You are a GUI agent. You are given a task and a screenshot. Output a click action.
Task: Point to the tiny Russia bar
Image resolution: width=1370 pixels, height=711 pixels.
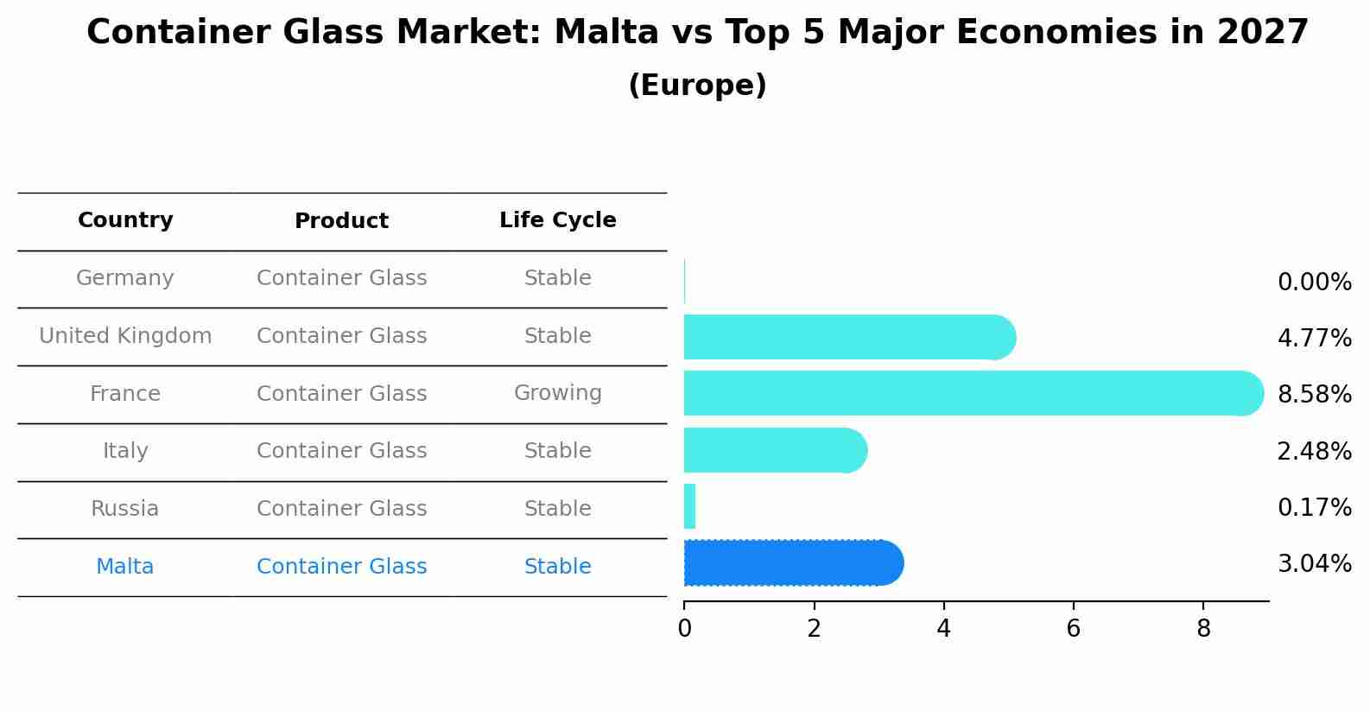click(689, 506)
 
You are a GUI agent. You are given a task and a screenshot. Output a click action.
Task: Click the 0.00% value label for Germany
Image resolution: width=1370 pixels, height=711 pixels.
click(1314, 282)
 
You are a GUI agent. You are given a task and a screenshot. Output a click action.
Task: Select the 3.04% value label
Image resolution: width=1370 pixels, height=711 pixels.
click(1314, 564)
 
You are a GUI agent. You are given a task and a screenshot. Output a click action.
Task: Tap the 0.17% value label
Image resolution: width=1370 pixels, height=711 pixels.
click(1314, 508)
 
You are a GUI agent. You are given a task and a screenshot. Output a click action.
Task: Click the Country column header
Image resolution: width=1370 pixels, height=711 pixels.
click(125, 220)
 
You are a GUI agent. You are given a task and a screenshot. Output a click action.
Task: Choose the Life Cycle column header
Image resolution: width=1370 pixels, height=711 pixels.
click(557, 220)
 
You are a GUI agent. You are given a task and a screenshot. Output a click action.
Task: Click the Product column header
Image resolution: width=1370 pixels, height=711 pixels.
click(341, 221)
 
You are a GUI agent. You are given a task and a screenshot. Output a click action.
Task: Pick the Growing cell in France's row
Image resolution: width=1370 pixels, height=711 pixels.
click(557, 393)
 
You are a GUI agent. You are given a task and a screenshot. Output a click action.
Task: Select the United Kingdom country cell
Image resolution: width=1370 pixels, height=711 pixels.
click(125, 336)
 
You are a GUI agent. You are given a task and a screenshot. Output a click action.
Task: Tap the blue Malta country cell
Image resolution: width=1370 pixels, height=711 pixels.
click(125, 567)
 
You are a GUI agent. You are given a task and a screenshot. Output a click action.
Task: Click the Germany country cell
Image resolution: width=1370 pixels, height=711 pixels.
click(125, 278)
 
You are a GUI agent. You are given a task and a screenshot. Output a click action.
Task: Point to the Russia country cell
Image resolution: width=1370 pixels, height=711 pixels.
click(125, 509)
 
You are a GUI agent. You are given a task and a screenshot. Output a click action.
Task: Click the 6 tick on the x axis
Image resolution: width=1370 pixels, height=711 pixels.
click(1073, 628)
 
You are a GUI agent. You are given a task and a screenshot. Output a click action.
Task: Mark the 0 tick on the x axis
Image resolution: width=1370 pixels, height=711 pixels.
click(684, 628)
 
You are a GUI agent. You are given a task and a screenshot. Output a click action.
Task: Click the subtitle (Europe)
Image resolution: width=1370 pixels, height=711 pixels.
click(697, 86)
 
